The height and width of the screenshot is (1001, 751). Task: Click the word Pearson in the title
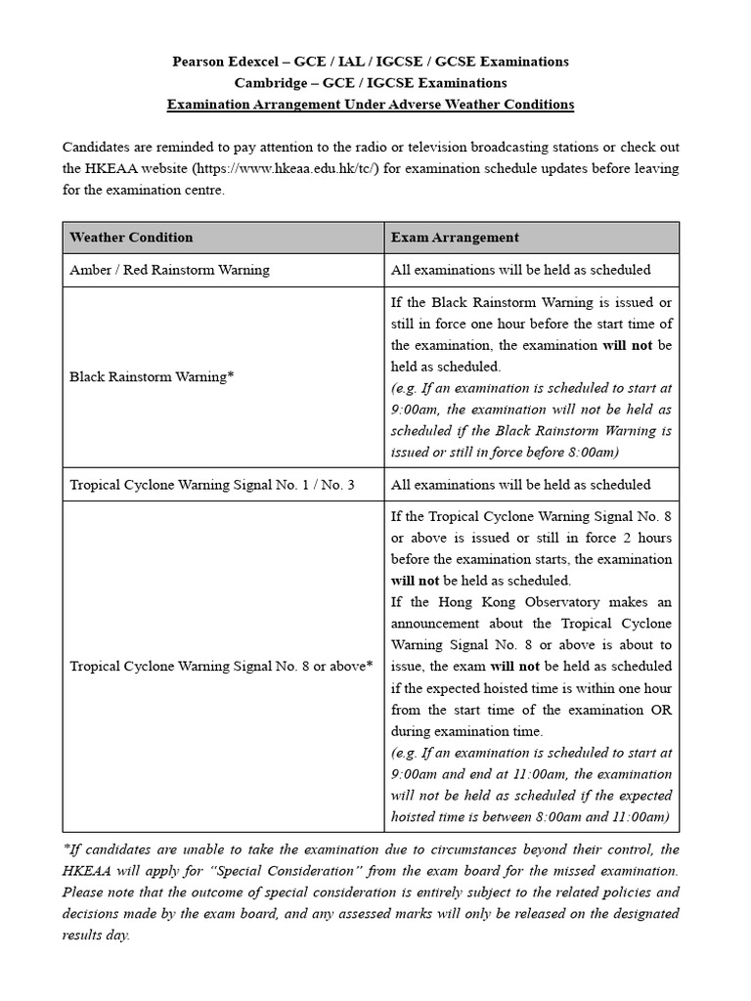pyautogui.click(x=201, y=62)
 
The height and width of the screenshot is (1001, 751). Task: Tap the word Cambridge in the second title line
pyautogui.click(x=268, y=83)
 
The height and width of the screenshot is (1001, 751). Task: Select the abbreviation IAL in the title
pyautogui.click(x=368, y=62)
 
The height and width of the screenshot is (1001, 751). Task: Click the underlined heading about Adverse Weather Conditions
pyautogui.click(x=371, y=105)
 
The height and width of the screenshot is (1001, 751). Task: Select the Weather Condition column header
pyautogui.click(x=131, y=238)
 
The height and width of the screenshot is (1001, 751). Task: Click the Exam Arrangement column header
pyautogui.click(x=455, y=238)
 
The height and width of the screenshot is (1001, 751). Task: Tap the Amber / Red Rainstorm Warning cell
pyautogui.click(x=169, y=270)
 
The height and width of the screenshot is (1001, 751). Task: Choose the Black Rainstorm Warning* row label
pyautogui.click(x=152, y=376)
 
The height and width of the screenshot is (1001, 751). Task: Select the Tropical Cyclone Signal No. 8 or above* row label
pyautogui.click(x=221, y=667)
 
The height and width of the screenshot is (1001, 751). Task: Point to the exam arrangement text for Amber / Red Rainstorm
pyautogui.click(x=520, y=270)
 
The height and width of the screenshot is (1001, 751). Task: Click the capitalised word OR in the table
pyautogui.click(x=661, y=710)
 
